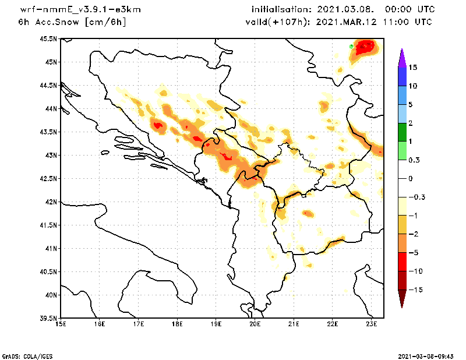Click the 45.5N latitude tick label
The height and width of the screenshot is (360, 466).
[48, 39]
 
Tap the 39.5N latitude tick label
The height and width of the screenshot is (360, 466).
[48, 319]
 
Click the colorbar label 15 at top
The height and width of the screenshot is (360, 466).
[413, 67]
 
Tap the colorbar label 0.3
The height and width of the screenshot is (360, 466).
[415, 160]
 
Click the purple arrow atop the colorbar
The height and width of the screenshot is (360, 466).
[401, 58]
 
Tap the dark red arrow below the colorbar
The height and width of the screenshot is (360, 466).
[401, 298]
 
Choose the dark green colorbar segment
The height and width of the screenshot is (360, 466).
[401, 132]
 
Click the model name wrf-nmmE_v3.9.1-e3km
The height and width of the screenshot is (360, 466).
[73, 10]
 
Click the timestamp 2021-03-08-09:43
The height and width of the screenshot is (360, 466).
[429, 355]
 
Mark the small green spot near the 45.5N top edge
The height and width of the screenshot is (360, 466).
[351, 45]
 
